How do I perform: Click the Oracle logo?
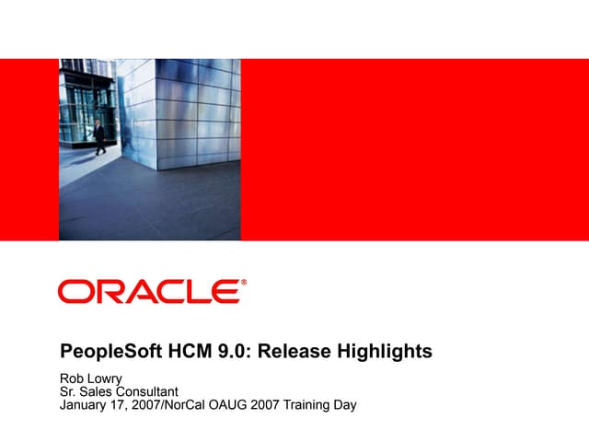(x=149, y=292)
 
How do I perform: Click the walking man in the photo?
(x=98, y=135)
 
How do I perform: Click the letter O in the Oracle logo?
(x=74, y=292)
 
